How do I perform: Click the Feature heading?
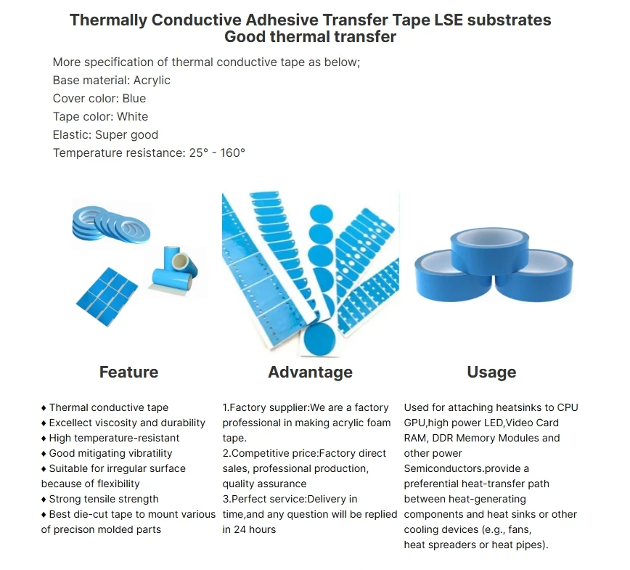[x=128, y=372]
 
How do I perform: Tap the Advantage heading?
[x=310, y=372]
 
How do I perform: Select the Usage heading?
[x=491, y=372]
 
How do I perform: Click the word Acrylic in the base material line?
[x=152, y=81]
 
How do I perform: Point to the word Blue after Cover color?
[x=134, y=99]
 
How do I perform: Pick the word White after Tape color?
[x=133, y=117]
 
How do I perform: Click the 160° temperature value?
[x=233, y=152]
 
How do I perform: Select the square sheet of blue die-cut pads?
[x=107, y=297]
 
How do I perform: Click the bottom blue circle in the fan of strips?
[x=320, y=340]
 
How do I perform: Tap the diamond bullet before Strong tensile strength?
[x=44, y=500]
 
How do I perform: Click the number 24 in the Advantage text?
[x=240, y=530]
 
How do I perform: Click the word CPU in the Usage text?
[x=568, y=407]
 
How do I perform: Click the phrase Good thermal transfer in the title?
[x=310, y=37]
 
